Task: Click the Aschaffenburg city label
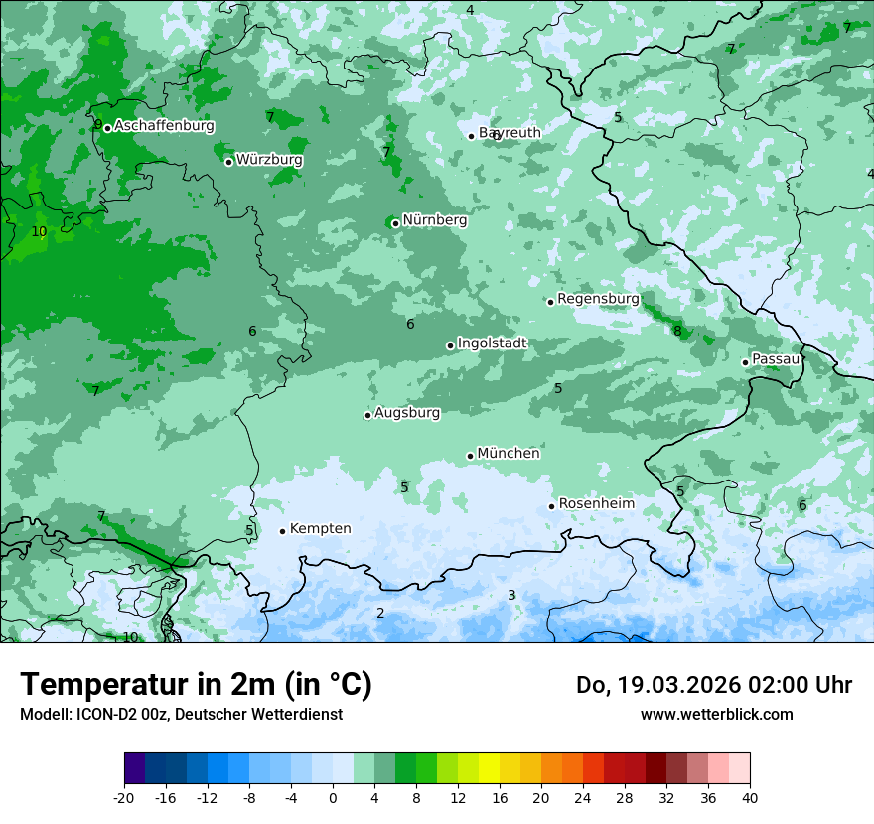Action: (164, 126)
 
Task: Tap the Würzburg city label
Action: (269, 160)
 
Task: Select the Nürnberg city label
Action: (434, 220)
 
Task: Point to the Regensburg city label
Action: (598, 299)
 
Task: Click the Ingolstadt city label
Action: (492, 343)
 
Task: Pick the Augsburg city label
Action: (406, 413)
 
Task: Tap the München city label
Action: (509, 454)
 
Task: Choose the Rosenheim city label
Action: (596, 504)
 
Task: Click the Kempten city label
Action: (320, 529)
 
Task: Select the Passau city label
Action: (775, 359)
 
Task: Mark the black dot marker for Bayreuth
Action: (472, 136)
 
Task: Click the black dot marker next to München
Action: (471, 456)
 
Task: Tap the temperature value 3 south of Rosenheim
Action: (511, 595)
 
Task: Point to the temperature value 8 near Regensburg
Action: (677, 331)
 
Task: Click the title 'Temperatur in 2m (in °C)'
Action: (196, 685)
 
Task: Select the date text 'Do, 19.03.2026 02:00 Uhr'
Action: (713, 685)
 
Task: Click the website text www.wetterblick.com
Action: (716, 714)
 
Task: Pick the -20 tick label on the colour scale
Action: (124, 797)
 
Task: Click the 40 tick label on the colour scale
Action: (749, 797)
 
